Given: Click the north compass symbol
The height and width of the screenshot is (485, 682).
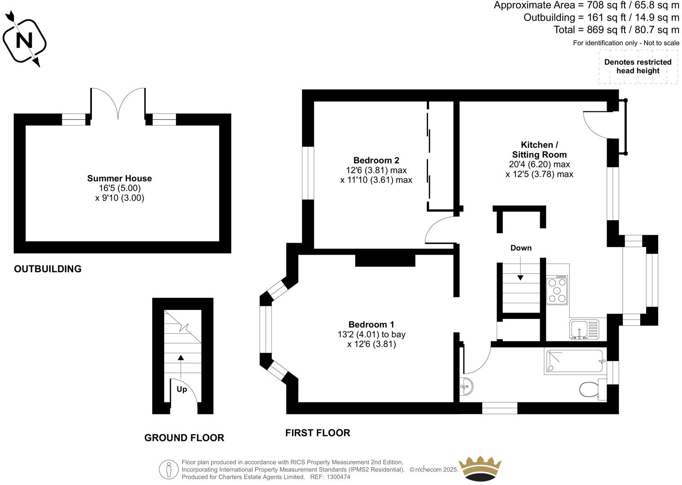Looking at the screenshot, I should pyautogui.click(x=25, y=40).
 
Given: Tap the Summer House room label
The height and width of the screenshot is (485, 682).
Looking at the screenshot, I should pyautogui.click(x=119, y=178).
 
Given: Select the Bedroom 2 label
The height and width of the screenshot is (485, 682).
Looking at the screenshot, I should pyautogui.click(x=376, y=160).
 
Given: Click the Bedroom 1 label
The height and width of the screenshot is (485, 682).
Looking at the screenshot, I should pyautogui.click(x=371, y=324).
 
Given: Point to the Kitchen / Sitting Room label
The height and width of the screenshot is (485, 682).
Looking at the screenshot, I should pyautogui.click(x=539, y=150).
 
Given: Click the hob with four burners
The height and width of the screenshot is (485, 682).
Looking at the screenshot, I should pyautogui.click(x=557, y=290).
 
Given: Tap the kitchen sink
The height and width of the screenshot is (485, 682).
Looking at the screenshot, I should pyautogui.click(x=584, y=329).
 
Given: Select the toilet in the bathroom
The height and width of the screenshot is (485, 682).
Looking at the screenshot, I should pyautogui.click(x=591, y=389).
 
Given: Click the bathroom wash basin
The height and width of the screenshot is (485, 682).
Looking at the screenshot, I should pyautogui.click(x=466, y=386).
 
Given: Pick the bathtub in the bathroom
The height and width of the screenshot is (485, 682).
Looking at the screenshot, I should pyautogui.click(x=574, y=362).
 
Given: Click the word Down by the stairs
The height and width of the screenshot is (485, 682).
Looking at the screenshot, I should pyautogui.click(x=520, y=248).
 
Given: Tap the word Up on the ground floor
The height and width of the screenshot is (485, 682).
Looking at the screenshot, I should pyautogui.click(x=182, y=389).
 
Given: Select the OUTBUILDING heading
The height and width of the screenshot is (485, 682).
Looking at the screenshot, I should pyautogui.click(x=48, y=269).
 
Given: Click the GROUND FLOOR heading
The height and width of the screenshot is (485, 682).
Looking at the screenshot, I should pyautogui.click(x=184, y=437).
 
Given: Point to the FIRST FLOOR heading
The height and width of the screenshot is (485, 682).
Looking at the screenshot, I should pyautogui.click(x=318, y=432).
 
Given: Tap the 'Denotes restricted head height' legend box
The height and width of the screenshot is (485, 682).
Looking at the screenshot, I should pyautogui.click(x=638, y=66).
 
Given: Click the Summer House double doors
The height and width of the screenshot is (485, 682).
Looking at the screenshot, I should pyautogui.click(x=118, y=103).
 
